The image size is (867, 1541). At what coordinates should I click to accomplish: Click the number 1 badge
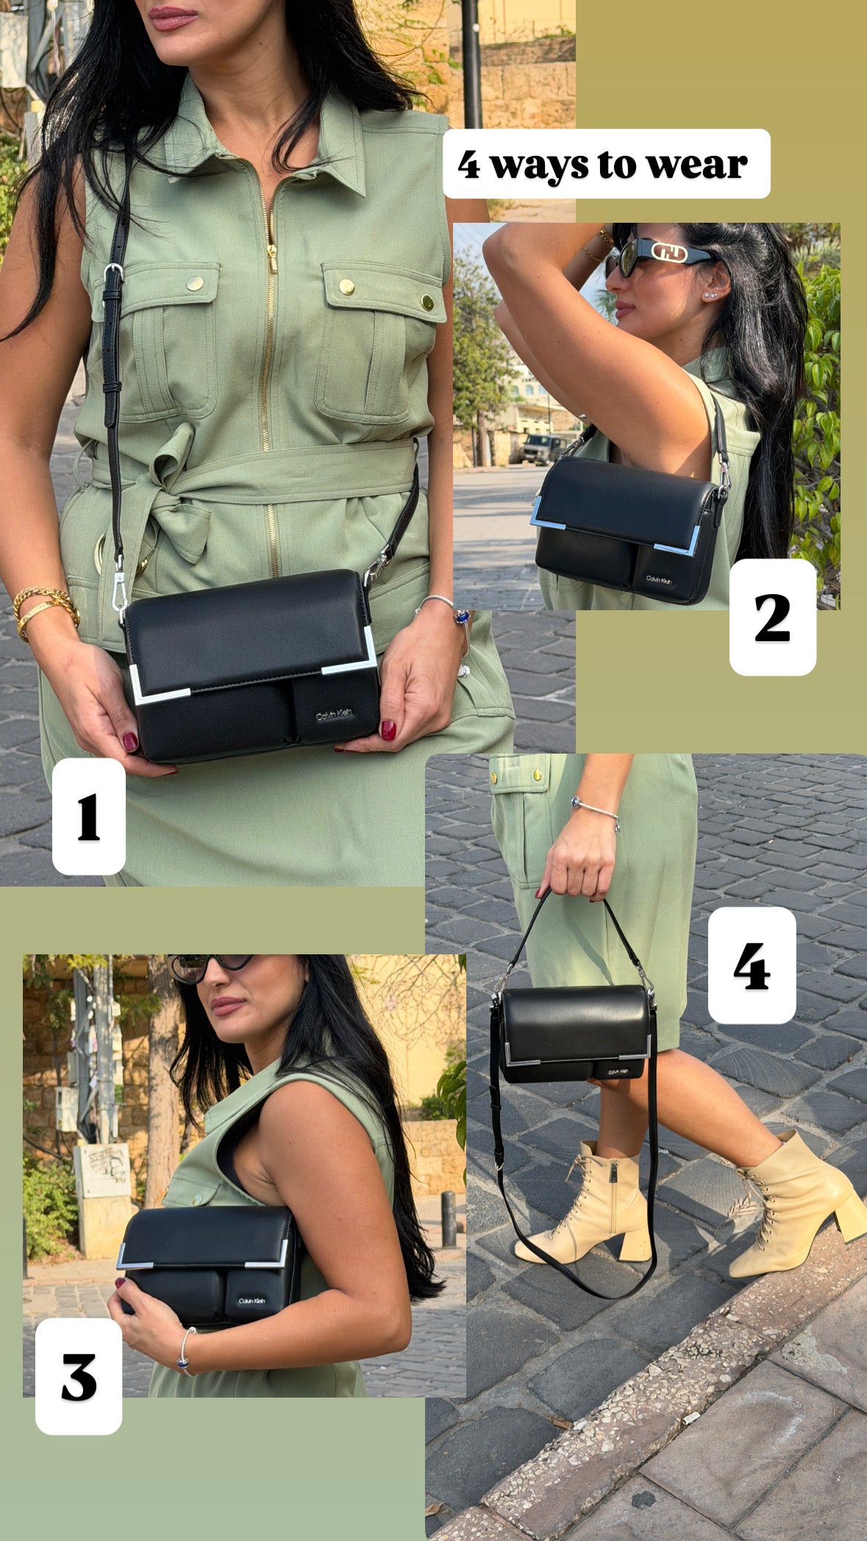coord(88,816)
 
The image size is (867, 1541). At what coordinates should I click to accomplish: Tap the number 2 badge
coord(772,617)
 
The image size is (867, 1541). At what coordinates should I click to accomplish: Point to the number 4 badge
coord(752,965)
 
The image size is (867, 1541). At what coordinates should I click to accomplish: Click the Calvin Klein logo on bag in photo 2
coord(659,580)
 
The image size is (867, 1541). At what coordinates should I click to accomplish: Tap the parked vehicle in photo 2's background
coord(543,449)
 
